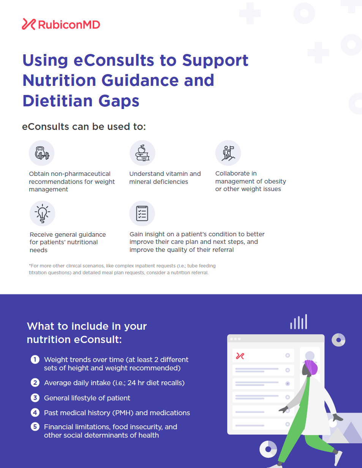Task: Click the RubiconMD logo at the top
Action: pos(61,24)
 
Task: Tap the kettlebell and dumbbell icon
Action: pos(42,153)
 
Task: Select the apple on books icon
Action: pos(142,153)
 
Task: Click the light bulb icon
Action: pos(43,213)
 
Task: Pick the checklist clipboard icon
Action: pos(142,213)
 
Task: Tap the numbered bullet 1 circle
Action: pos(35,359)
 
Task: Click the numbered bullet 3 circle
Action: pos(35,398)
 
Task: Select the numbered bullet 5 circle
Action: pos(35,427)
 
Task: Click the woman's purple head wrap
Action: pos(311,367)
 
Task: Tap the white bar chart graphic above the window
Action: pos(299,321)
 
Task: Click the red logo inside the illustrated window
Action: pos(240,356)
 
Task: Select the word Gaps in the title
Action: pos(119,101)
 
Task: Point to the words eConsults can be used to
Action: pos(84,126)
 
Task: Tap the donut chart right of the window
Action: pos(338,340)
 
